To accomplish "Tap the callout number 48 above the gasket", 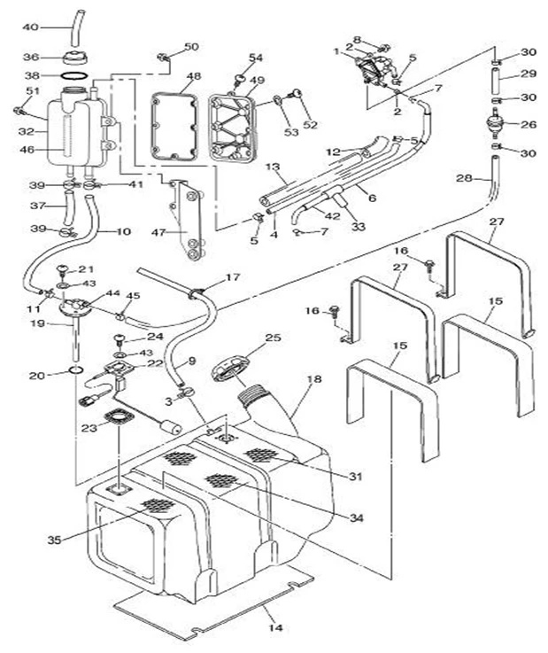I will [193, 76].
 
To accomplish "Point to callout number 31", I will [356, 477].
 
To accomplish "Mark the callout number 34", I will [356, 517].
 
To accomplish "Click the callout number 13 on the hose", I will [272, 167].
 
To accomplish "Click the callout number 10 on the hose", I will [123, 232].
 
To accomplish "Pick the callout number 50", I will [191, 46].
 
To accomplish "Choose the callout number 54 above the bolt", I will [256, 58].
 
